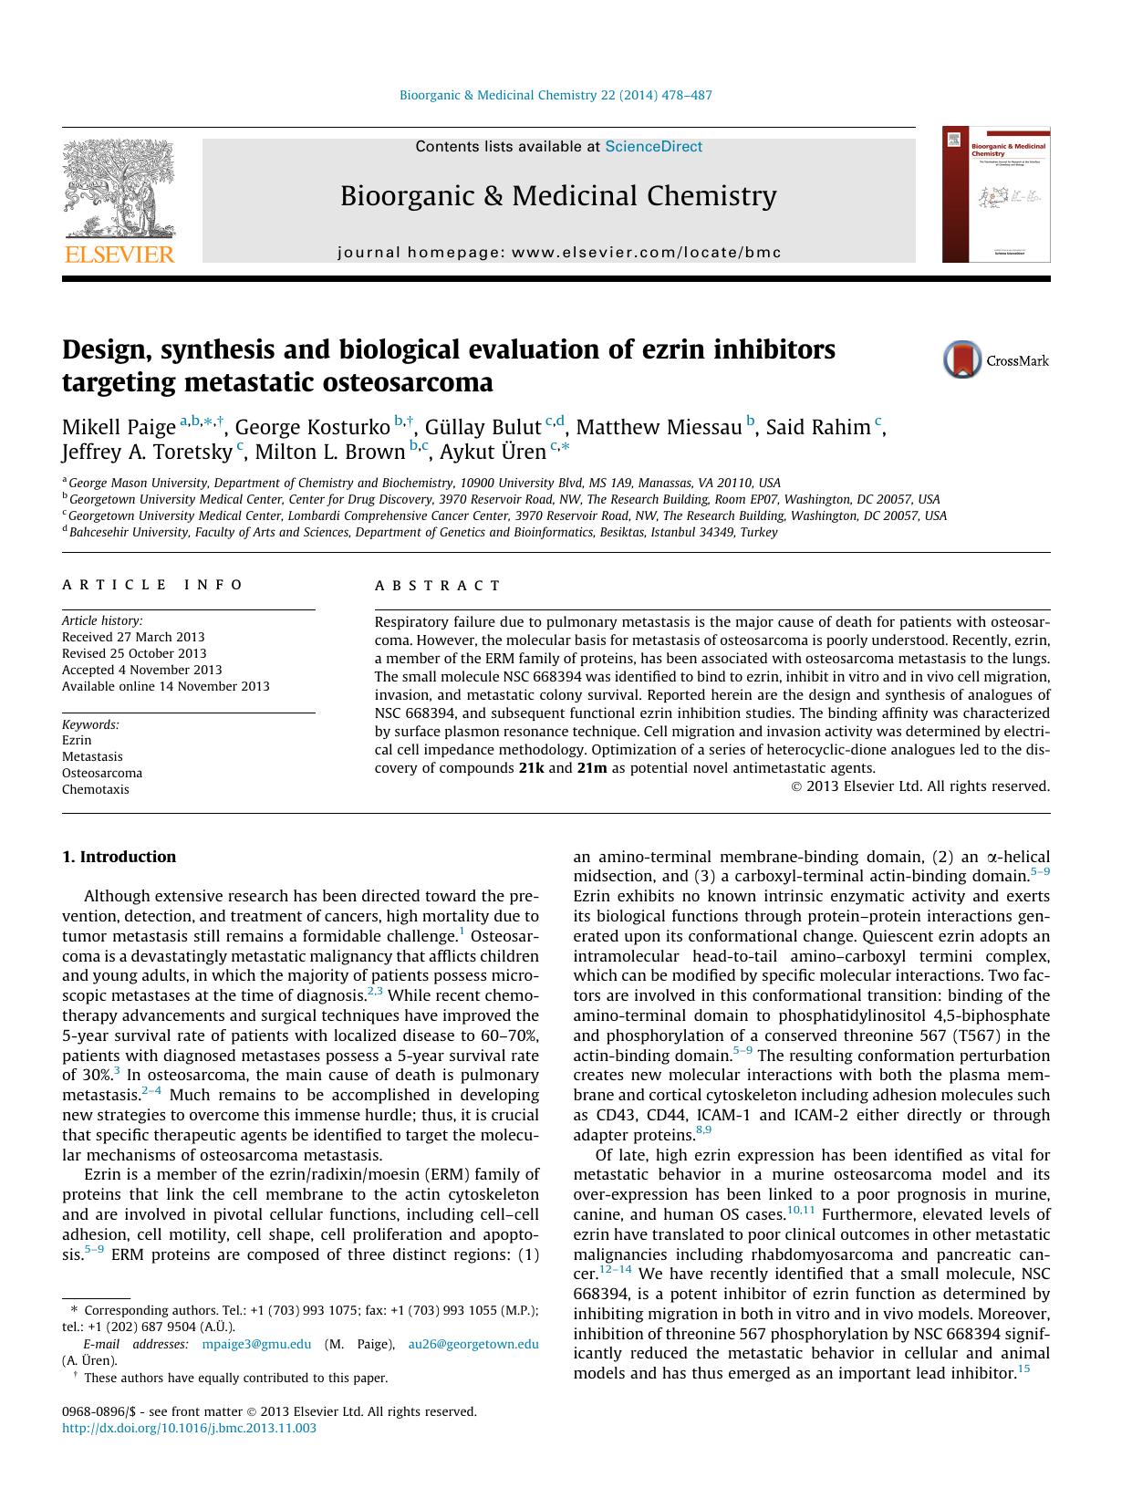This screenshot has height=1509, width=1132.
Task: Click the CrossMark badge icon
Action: point(961,360)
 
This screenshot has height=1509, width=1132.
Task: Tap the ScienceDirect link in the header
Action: point(653,146)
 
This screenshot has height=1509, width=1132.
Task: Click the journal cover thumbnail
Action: point(996,194)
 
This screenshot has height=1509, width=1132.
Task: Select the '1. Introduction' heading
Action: point(119,857)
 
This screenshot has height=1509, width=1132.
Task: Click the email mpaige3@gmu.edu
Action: point(256,1344)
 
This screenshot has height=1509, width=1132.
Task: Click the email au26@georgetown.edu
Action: point(473,1344)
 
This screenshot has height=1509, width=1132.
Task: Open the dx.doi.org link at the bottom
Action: point(189,1428)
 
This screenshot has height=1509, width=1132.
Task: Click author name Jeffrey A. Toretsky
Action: point(147,452)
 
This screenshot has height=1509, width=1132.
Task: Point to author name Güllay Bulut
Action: point(483,427)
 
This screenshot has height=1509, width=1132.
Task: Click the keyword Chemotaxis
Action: point(96,789)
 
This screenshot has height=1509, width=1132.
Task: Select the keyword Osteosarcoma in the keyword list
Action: point(102,773)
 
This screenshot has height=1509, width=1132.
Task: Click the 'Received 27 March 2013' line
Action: point(133,637)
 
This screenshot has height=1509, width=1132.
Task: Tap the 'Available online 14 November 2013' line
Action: point(165,686)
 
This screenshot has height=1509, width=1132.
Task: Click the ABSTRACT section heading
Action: point(438,586)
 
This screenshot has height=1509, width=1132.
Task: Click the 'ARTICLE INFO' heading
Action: point(152,585)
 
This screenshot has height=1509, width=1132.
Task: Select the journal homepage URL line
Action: point(559,252)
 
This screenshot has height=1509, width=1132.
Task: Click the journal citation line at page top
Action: point(556,95)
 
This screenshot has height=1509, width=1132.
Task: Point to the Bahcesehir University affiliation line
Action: point(423,532)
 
